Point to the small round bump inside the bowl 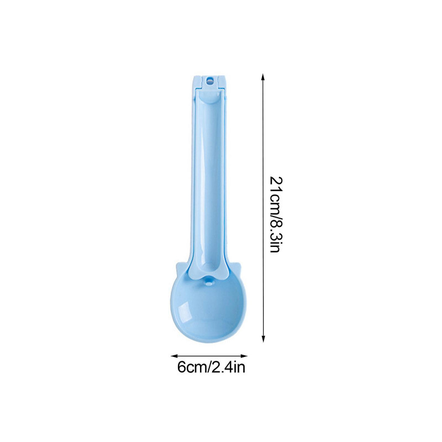pos(209,282)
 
